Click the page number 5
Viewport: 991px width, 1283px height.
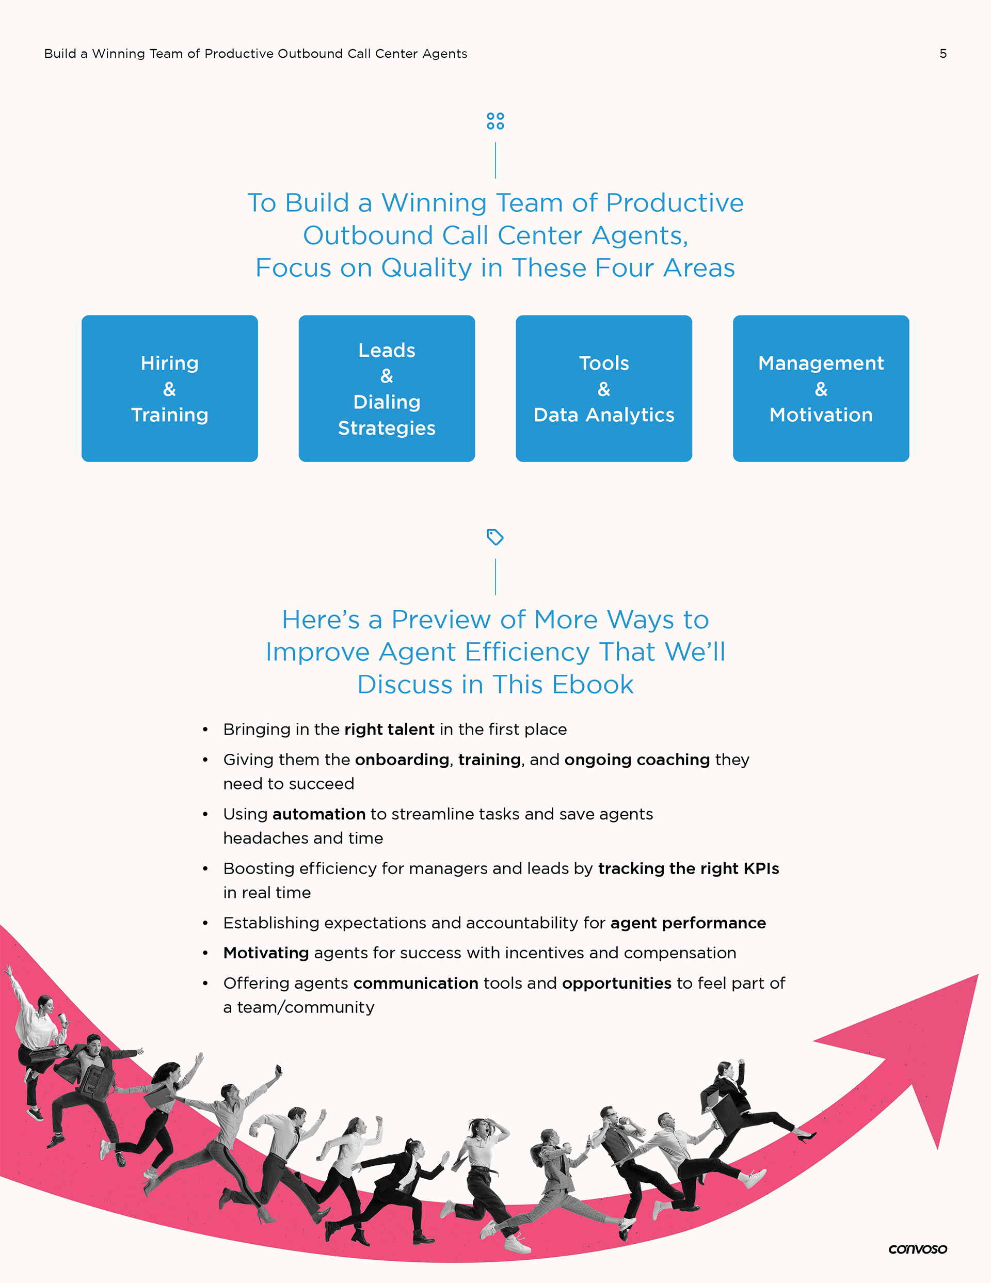click(943, 54)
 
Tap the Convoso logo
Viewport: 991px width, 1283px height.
click(918, 1249)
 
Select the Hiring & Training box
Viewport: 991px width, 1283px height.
click(170, 388)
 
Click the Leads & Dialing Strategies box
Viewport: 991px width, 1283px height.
click(387, 388)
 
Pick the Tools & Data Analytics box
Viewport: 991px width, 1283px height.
click(604, 388)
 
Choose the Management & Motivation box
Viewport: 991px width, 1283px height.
click(821, 388)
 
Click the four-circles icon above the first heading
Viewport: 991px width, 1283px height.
click(495, 121)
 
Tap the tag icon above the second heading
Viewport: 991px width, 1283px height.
click(495, 537)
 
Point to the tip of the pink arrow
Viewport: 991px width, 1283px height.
click(978, 975)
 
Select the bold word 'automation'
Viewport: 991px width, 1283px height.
click(319, 814)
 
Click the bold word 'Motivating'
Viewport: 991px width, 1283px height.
click(266, 953)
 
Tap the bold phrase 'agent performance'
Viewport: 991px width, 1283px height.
click(688, 924)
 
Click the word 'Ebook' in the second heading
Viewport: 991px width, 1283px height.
click(593, 685)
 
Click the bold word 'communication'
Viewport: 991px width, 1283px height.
click(416, 984)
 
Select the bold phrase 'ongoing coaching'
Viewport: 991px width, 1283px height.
click(637, 760)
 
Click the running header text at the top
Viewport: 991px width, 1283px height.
click(255, 54)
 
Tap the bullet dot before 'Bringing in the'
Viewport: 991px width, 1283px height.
click(205, 730)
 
